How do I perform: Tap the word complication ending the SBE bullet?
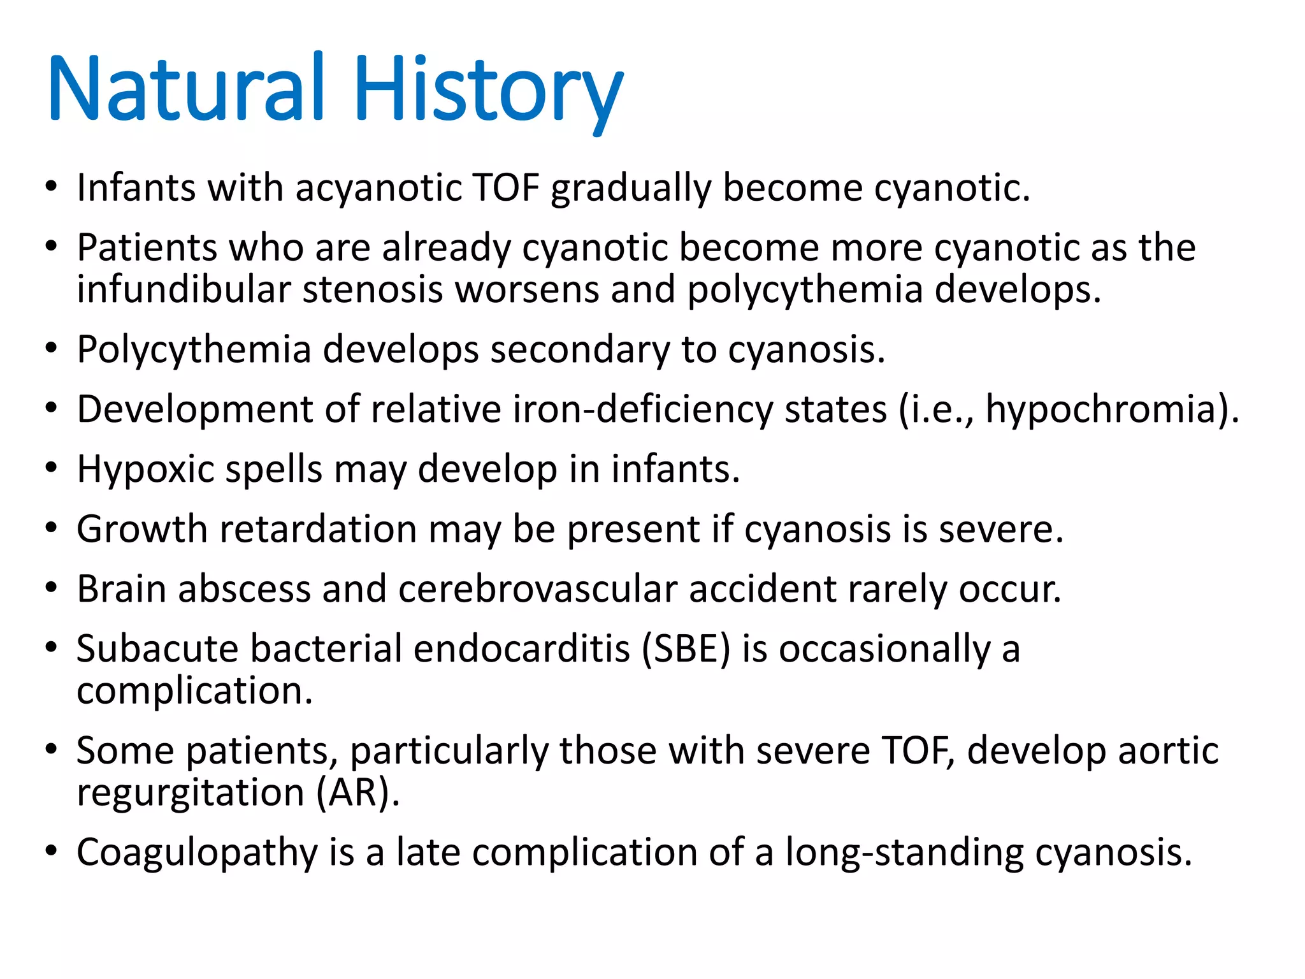pos(194,691)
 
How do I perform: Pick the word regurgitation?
pos(191,793)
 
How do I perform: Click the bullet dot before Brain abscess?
pos(52,588)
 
